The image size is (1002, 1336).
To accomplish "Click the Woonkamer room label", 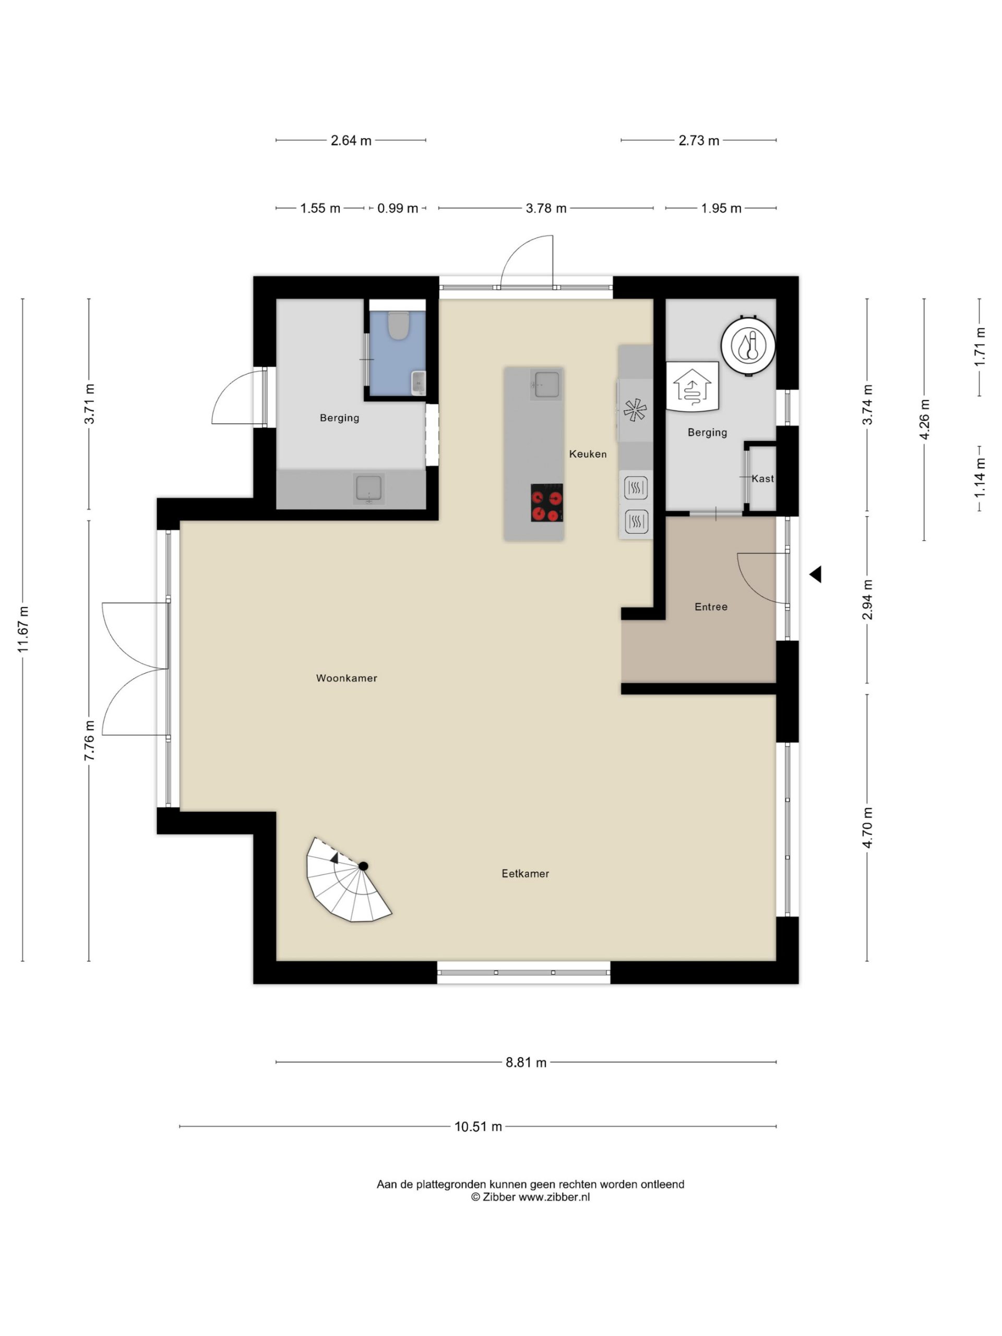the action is [x=346, y=678].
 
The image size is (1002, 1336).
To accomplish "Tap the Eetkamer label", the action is [x=525, y=873].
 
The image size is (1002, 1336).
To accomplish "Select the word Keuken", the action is [x=587, y=454].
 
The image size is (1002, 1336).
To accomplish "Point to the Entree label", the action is [x=710, y=606].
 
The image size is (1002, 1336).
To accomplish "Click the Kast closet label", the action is [x=762, y=479].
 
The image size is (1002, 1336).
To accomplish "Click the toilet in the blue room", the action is [x=398, y=325].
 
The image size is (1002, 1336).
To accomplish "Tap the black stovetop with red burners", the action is [x=546, y=503].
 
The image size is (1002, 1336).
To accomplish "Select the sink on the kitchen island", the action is [x=546, y=384].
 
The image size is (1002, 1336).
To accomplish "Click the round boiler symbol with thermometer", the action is [x=748, y=345].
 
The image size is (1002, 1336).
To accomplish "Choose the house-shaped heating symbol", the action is [x=692, y=387].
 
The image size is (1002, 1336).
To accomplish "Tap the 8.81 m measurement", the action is [x=526, y=1063].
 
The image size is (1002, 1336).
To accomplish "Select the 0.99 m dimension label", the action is [x=398, y=208].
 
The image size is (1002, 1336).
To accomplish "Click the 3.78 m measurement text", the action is [x=546, y=208].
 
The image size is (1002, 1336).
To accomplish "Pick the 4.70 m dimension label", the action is [x=867, y=828].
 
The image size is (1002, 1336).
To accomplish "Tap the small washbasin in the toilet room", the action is [x=418, y=383].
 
